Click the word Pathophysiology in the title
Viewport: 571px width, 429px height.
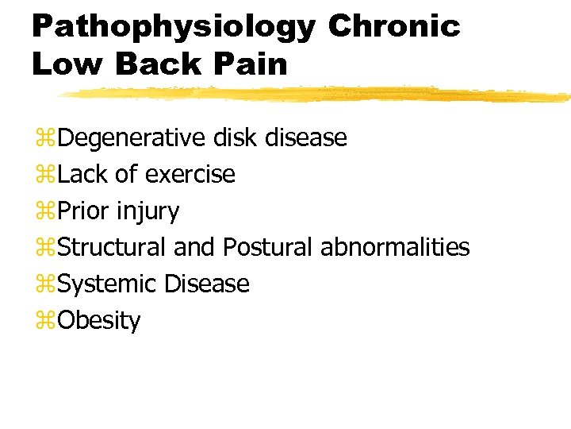point(173,26)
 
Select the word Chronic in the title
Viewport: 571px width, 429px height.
point(393,26)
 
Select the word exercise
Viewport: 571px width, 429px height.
point(190,174)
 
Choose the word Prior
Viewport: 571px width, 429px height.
point(84,211)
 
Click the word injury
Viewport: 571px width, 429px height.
point(148,211)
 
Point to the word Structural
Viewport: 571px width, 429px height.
point(113,248)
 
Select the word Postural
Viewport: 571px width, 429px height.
point(268,248)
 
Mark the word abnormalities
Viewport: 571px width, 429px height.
point(395,248)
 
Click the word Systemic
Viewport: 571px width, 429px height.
point(108,284)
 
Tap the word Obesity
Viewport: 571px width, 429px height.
point(99,321)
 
